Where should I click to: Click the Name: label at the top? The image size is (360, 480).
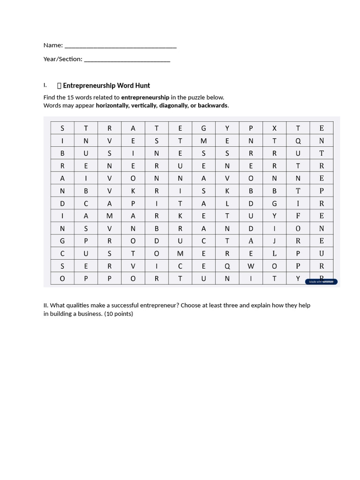pos(53,45)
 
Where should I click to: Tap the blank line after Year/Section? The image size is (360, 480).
pos(127,60)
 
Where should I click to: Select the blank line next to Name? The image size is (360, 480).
pos(120,46)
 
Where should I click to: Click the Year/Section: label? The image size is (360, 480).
pos(63,59)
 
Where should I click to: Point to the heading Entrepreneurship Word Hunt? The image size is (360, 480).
pos(106,85)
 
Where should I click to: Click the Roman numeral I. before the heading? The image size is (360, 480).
pos(45,85)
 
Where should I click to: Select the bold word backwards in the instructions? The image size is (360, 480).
pos(212,105)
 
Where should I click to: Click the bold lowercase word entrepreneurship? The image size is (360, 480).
pos(145,97)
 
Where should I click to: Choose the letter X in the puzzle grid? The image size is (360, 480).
pos(275,128)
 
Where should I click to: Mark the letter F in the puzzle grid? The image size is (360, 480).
pos(298,216)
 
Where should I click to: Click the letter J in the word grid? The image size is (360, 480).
pos(275,241)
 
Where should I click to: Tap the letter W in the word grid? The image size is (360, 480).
pos(251,266)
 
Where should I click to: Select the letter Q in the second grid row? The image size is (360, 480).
pos(298,141)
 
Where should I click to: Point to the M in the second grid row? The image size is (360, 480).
pos(203,141)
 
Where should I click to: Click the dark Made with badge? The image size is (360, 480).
pos(321,282)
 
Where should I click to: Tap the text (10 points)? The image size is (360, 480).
pos(119,314)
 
